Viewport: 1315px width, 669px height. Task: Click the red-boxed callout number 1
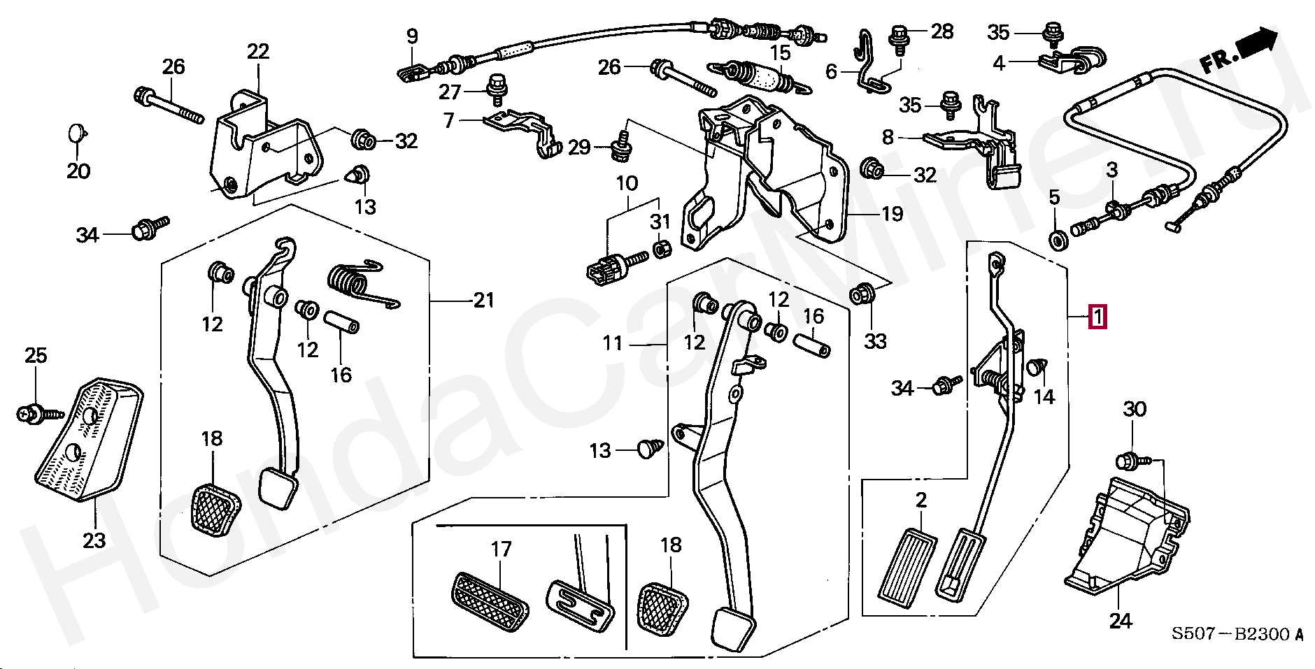click(1097, 318)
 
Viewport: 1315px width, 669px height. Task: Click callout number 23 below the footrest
click(94, 540)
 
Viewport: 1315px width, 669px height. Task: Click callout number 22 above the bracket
click(257, 51)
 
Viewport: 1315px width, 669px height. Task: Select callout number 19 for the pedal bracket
click(892, 213)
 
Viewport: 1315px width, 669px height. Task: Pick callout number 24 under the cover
click(1120, 620)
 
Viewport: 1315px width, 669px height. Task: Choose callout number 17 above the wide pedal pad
click(501, 549)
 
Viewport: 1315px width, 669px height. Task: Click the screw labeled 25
click(30, 414)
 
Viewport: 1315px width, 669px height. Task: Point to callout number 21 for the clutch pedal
click(483, 301)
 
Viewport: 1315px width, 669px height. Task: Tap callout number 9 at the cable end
click(411, 36)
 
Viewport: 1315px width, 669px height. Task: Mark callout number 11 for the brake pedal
click(613, 343)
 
